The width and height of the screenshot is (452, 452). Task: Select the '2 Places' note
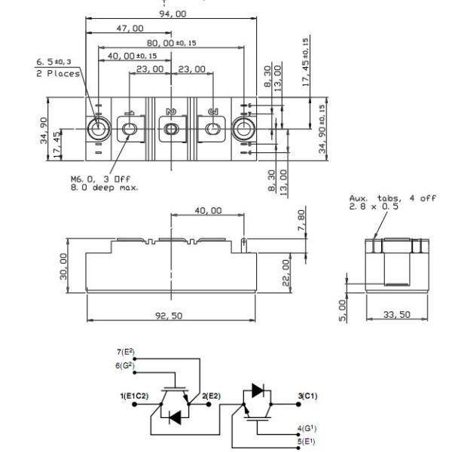click(x=63, y=74)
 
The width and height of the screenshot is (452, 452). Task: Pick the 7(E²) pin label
click(x=126, y=353)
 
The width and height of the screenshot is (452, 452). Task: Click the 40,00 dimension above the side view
click(x=208, y=210)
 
